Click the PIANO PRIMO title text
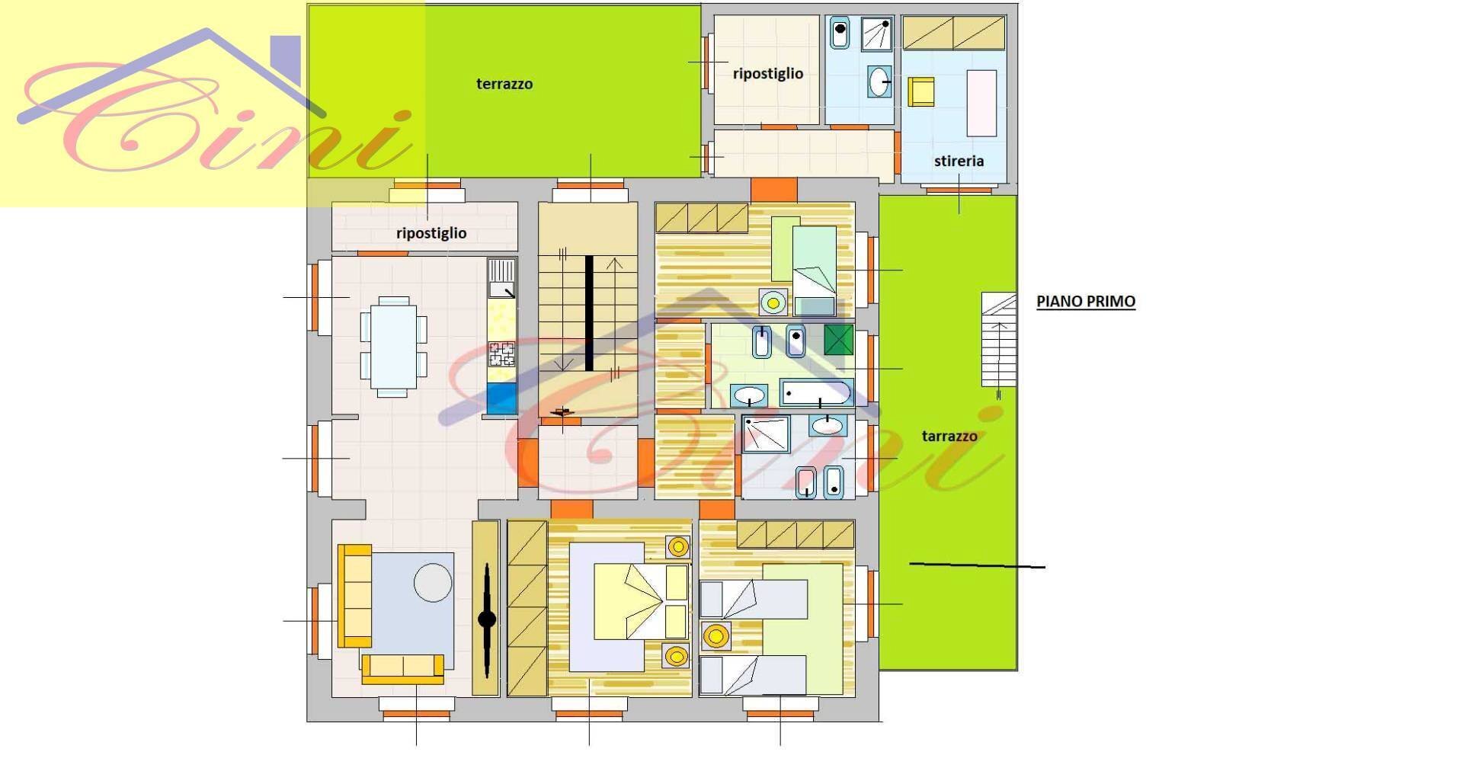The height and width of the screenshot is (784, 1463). pos(1086,301)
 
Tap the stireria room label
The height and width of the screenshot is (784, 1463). pos(959,161)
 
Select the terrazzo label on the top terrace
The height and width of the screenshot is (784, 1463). pos(504,84)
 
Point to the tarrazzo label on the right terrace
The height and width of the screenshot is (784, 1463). pos(949,436)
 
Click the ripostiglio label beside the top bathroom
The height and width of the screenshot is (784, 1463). pos(768,74)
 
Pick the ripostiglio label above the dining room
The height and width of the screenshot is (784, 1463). pos(431,233)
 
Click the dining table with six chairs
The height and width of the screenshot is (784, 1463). pos(393,347)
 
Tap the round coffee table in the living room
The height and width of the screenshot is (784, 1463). pos(433,583)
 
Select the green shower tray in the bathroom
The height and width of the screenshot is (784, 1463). pos(839,340)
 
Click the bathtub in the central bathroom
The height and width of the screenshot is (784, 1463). pos(816,393)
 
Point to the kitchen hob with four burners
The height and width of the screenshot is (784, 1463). pos(501,354)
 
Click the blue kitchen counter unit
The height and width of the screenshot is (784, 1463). pos(501,398)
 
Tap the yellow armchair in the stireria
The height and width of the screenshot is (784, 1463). pos(921,91)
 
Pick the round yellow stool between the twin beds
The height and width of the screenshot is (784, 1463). pos(715,635)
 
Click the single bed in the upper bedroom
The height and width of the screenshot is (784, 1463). pos(814,270)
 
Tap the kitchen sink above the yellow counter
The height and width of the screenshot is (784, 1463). pos(501,279)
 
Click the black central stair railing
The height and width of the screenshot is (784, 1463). pos(589,313)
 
